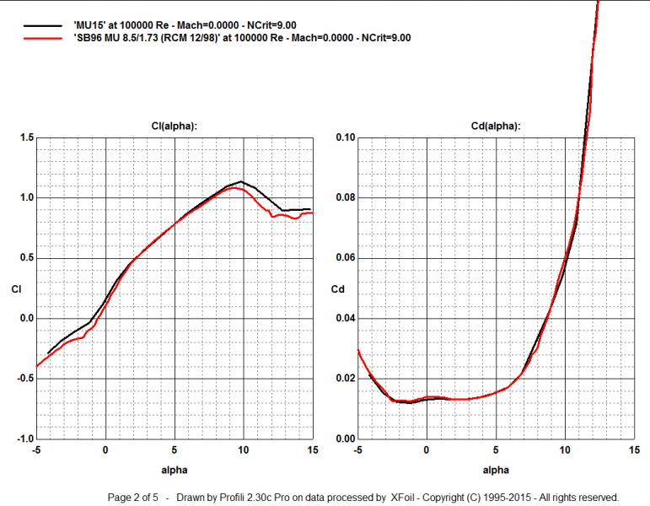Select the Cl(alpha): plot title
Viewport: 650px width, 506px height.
(174, 126)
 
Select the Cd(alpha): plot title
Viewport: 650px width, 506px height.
(495, 126)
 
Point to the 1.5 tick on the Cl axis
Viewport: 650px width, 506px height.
(29, 137)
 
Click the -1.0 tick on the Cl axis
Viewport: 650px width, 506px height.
(27, 439)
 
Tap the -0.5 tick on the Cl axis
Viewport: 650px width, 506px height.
(27, 379)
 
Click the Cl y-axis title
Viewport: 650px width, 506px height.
(16, 289)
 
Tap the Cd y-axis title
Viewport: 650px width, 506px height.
(338, 289)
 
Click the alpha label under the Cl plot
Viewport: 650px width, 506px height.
(175, 468)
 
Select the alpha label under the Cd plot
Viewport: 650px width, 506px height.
(495, 468)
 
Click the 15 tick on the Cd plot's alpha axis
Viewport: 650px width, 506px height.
(634, 450)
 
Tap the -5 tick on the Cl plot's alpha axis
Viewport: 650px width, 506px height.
(36, 450)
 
